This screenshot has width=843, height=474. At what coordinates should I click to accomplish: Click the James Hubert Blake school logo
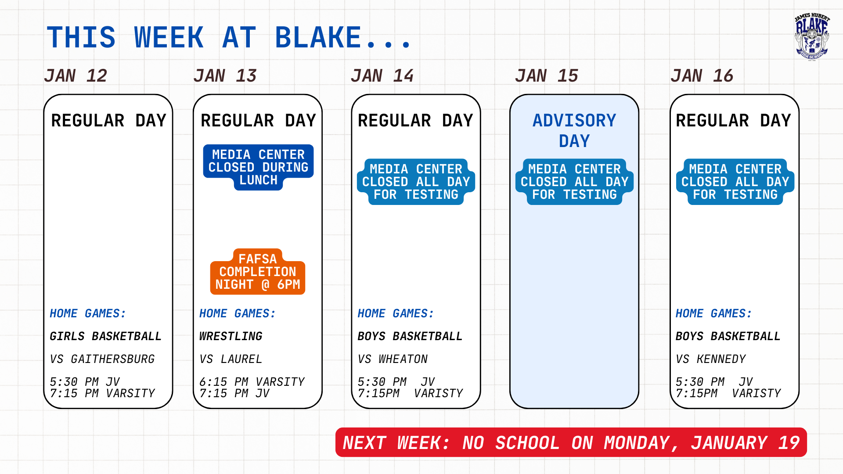[x=812, y=37]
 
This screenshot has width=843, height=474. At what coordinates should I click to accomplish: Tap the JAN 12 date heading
[x=76, y=76]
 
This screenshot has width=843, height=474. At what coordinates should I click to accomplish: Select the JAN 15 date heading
[x=547, y=76]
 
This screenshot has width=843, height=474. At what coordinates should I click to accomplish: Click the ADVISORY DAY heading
[x=574, y=131]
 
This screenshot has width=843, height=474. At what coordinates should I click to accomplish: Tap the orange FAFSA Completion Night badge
[x=258, y=272]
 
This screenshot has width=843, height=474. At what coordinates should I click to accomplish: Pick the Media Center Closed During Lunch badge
[x=258, y=167]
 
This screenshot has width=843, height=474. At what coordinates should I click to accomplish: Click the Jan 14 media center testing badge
[x=416, y=182]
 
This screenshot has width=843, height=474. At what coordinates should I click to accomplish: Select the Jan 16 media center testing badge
[x=735, y=182]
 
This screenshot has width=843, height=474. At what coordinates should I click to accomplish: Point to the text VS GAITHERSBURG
[x=102, y=359]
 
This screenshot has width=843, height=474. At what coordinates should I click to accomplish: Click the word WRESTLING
[x=231, y=336]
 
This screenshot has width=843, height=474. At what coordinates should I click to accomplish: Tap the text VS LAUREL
[x=231, y=359]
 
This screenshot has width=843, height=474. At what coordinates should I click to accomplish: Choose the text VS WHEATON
[x=393, y=359]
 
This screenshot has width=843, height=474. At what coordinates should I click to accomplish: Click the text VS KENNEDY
[x=711, y=359]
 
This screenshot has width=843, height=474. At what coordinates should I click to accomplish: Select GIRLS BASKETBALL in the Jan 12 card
[x=105, y=336]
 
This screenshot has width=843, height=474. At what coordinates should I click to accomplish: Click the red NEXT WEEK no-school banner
[x=571, y=442]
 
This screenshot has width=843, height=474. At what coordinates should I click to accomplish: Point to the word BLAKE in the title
[x=318, y=37]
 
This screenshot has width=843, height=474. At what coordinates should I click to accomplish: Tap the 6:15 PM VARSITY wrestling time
[x=252, y=381]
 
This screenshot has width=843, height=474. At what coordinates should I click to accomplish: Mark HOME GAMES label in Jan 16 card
[x=713, y=313]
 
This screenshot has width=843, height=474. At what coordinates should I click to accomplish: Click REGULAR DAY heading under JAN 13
[x=258, y=121]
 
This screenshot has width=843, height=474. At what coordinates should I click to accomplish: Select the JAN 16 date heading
[x=702, y=76]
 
